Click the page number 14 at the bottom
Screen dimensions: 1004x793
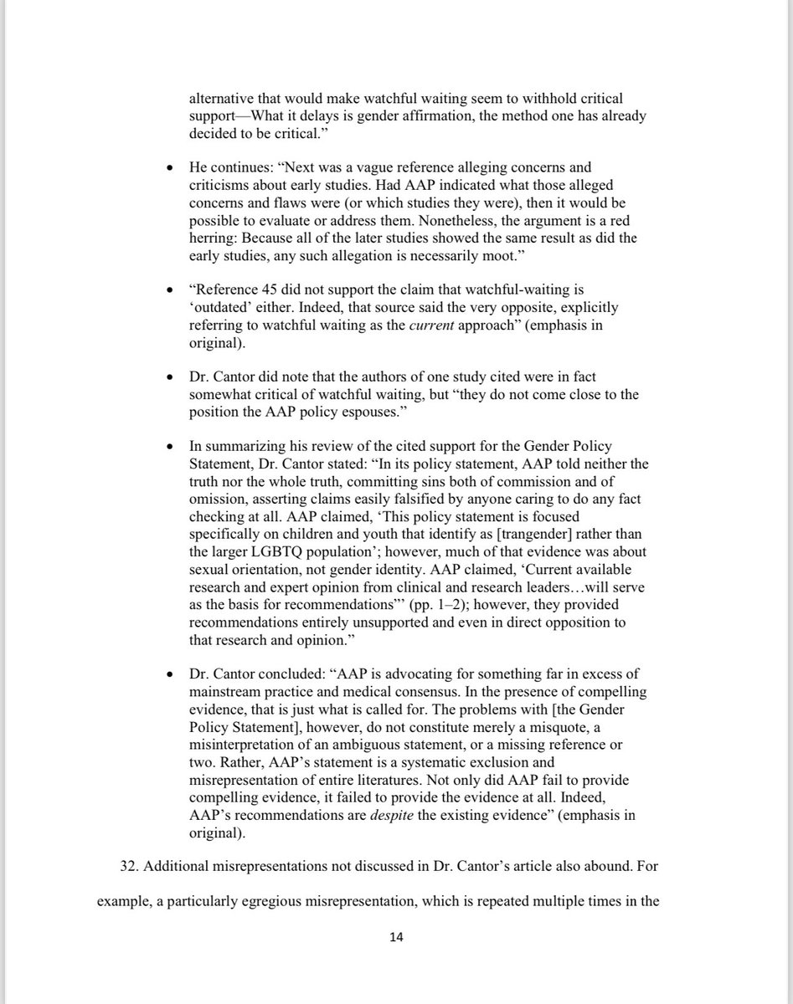(397, 938)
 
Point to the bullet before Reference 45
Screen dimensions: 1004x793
(171, 290)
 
